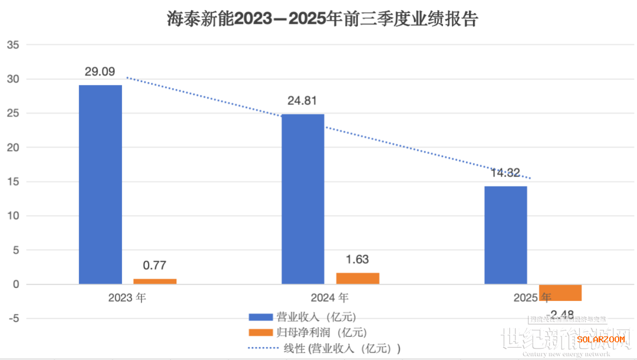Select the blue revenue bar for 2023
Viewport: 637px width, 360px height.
coord(100,184)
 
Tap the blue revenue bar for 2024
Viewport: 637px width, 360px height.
coord(303,199)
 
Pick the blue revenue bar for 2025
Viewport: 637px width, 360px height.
coord(505,235)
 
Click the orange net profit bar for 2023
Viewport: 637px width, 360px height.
coord(155,281)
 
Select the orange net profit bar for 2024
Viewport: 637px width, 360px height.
coord(357,278)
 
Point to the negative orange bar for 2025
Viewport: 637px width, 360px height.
coord(560,293)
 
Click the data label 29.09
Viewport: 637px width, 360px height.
coord(100,72)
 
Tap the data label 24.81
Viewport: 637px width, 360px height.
coord(303,101)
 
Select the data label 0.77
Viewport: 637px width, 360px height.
coord(154,266)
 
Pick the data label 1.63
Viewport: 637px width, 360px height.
coord(357,260)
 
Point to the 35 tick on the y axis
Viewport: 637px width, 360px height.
coord(14,45)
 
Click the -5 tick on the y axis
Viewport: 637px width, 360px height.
coord(14,319)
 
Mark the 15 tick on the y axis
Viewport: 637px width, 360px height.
coord(14,182)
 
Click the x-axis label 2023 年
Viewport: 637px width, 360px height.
coord(127,297)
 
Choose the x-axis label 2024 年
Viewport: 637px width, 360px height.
coord(330,297)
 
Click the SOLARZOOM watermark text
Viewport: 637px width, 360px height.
coord(600,339)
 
